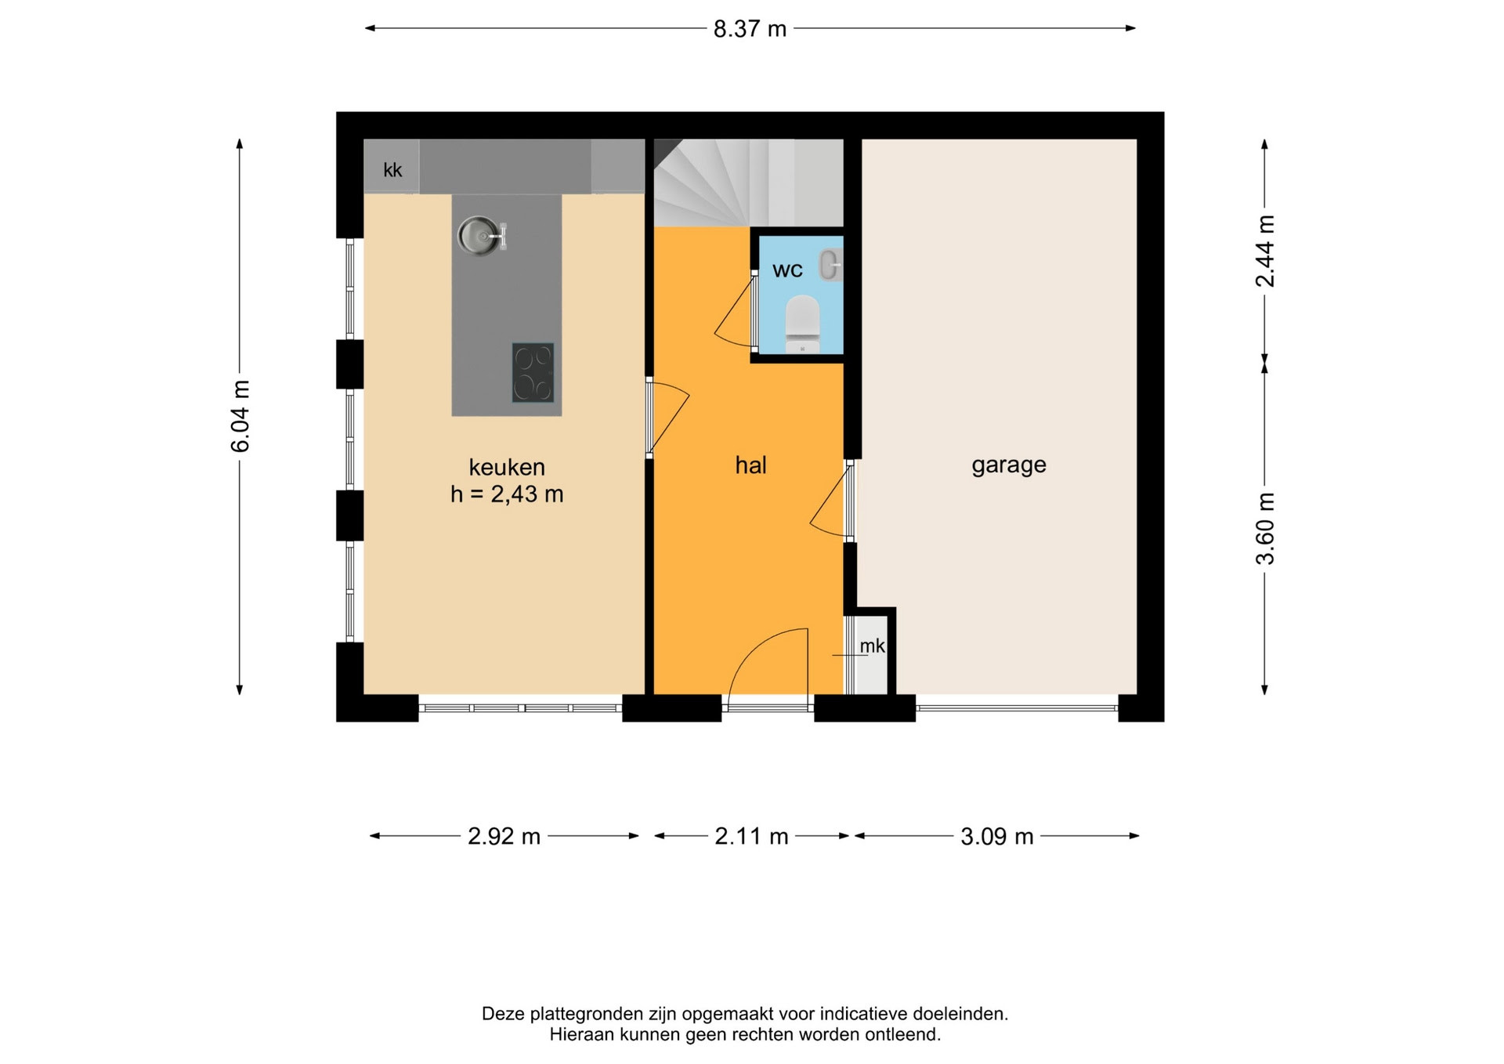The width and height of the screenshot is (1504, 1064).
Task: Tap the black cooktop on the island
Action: point(533,372)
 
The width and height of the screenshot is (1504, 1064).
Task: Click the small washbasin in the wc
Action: point(830,265)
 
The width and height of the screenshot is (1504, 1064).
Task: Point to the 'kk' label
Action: point(392,170)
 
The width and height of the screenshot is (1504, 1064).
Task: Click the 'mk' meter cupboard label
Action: point(872,646)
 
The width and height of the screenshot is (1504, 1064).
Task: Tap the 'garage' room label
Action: point(1009,465)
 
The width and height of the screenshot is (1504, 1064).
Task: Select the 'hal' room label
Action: point(750,465)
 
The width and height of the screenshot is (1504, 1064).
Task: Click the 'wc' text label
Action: point(787,270)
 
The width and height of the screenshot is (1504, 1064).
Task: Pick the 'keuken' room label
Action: point(507,467)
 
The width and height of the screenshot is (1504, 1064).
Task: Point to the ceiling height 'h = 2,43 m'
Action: point(507,494)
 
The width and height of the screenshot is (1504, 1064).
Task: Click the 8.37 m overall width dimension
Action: point(750,29)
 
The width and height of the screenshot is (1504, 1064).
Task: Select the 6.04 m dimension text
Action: point(240,417)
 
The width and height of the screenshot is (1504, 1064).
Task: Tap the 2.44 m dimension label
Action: point(1265,251)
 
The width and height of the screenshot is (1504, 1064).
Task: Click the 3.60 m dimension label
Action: point(1265,529)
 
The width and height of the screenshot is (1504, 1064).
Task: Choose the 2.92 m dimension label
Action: point(504,837)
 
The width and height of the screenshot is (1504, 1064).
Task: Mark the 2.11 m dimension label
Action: point(751,837)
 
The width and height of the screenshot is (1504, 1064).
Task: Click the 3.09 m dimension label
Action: point(997,837)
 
